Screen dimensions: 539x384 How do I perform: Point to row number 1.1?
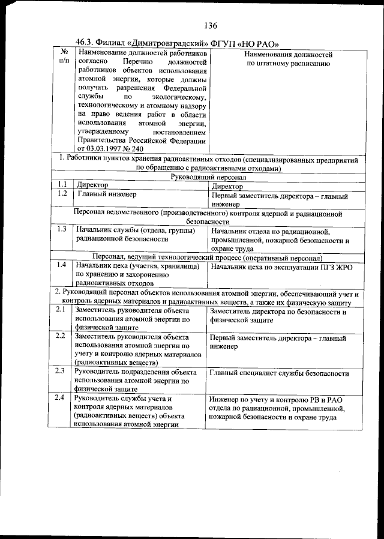[x=61, y=185]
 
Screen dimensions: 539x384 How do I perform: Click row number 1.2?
[x=61, y=194]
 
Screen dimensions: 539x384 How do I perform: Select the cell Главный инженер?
[x=106, y=194]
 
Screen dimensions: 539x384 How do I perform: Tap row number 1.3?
[x=61, y=229]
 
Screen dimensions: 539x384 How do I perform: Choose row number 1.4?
[x=61, y=265]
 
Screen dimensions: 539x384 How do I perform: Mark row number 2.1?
[x=61, y=310]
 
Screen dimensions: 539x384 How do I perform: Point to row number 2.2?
[x=61, y=336]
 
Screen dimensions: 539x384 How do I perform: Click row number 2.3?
[x=61, y=372]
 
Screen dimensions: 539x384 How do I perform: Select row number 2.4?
[x=61, y=398]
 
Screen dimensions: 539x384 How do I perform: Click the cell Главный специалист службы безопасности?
[x=279, y=373]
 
